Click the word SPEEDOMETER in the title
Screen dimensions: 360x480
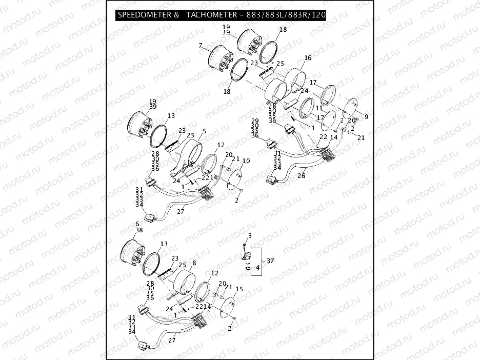[144, 15]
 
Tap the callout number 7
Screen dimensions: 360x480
[201, 46]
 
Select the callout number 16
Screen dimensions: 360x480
[308, 58]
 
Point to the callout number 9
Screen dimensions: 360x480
[366, 116]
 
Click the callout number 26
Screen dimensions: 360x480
[301, 175]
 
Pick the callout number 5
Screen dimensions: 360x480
[204, 131]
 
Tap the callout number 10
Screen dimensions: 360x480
[246, 161]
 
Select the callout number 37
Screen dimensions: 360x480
[270, 261]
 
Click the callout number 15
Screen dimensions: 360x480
[239, 289]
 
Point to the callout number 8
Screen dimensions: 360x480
[194, 263]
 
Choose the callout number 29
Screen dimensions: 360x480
[255, 121]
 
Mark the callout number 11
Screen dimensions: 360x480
[318, 109]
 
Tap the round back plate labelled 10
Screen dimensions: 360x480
[235, 179]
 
